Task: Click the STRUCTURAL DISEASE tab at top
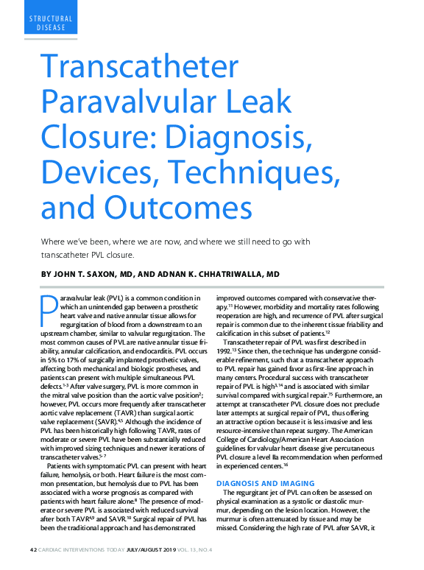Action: (x=52, y=23)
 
